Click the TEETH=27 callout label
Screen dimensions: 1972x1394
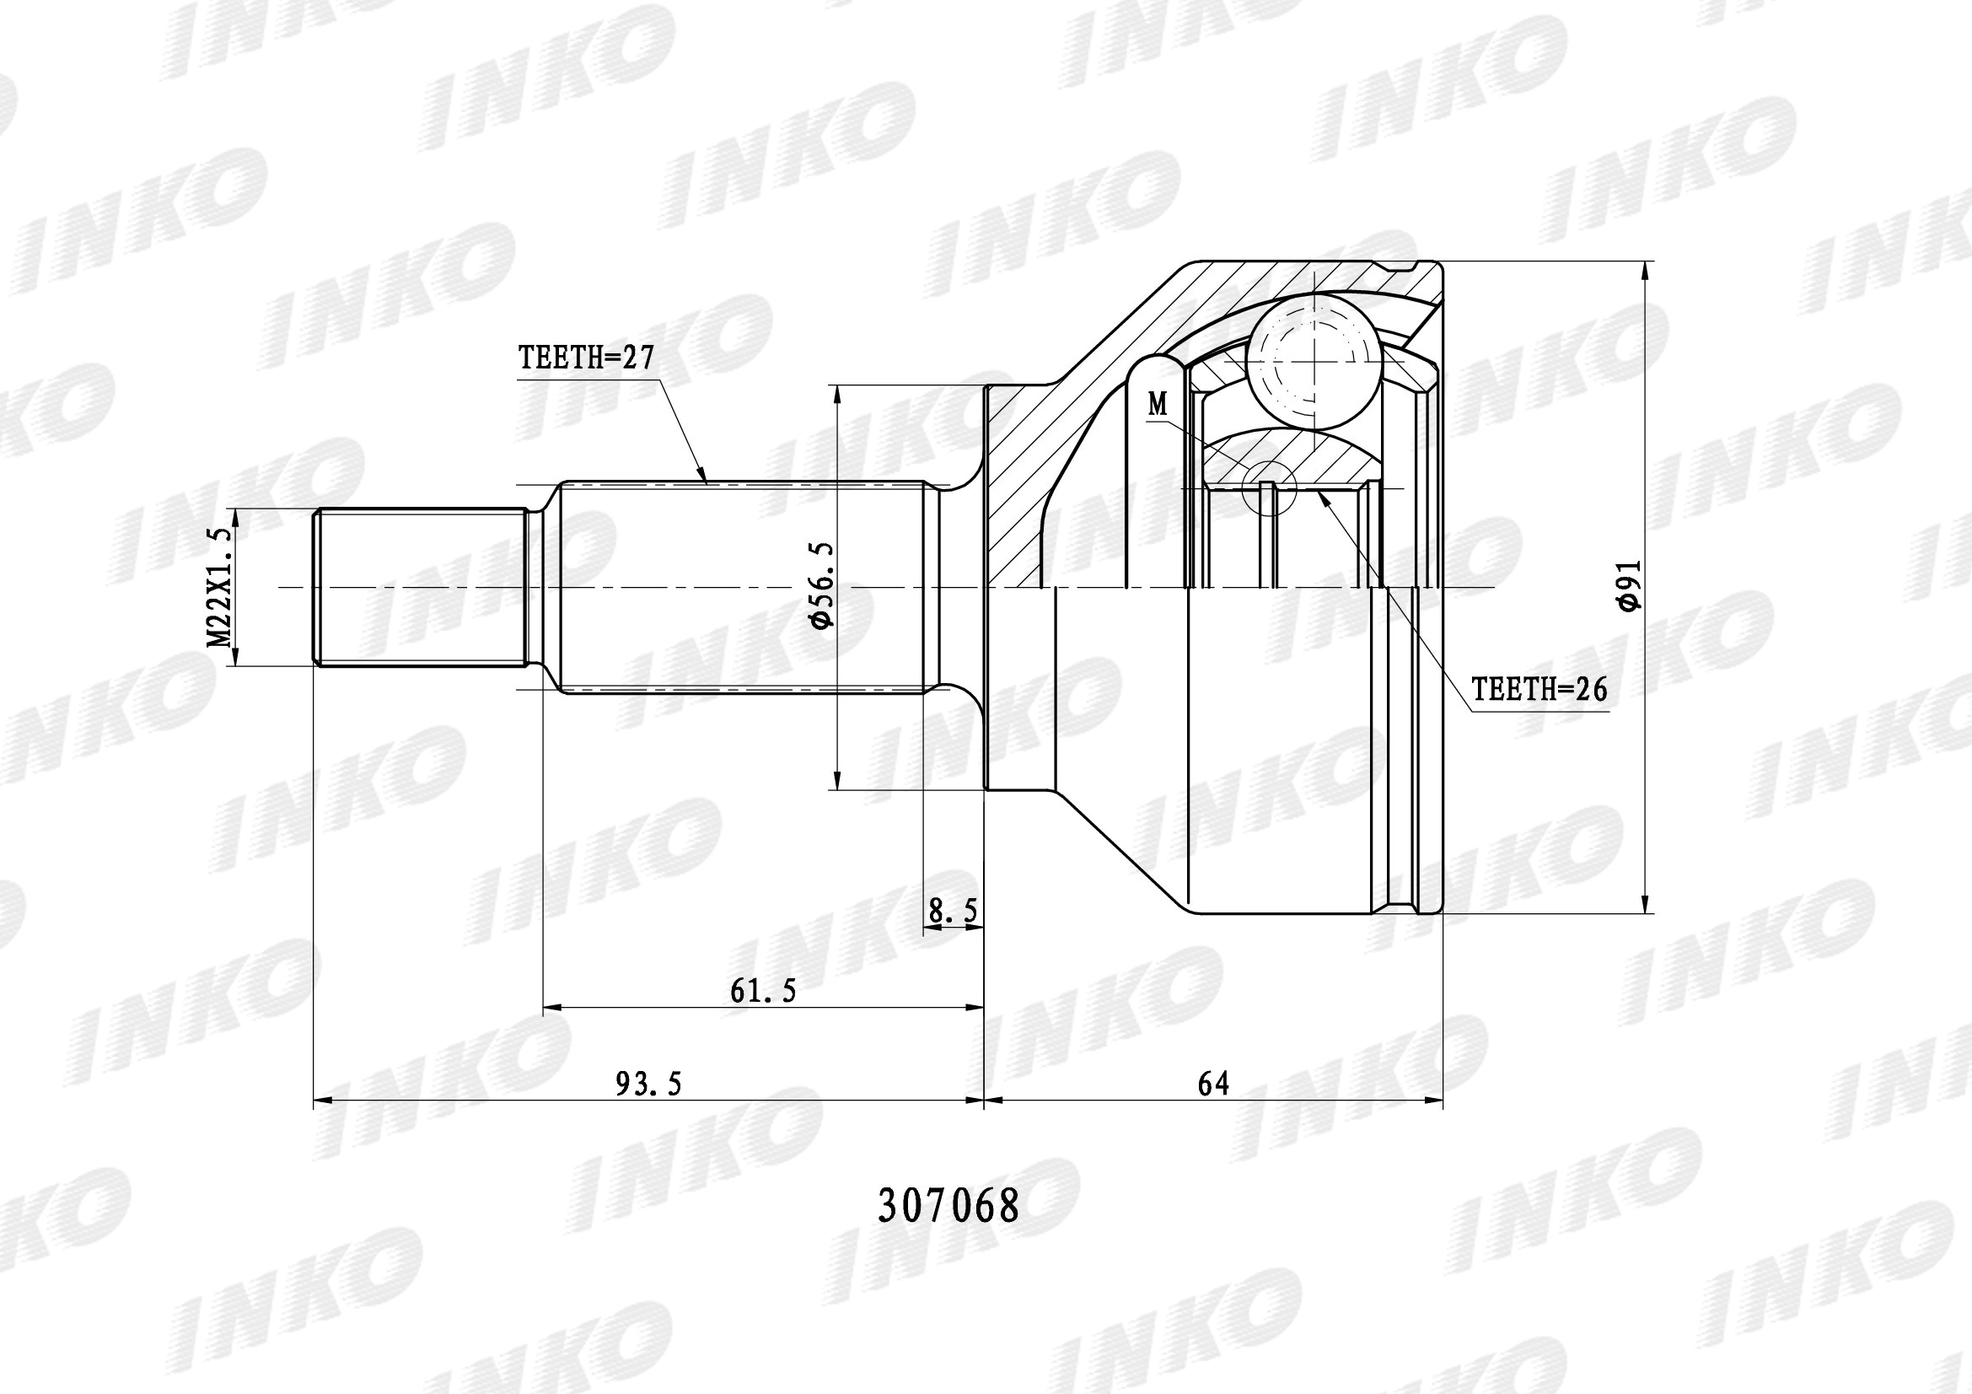click(587, 358)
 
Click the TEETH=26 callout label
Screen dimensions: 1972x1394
click(1539, 689)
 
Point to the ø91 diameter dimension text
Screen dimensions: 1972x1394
click(1629, 585)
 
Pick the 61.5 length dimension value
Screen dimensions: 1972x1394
click(764, 991)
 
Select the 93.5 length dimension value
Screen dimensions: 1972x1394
click(648, 1084)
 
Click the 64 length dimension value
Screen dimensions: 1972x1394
click(1213, 1084)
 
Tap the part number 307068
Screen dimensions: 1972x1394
click(948, 1206)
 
